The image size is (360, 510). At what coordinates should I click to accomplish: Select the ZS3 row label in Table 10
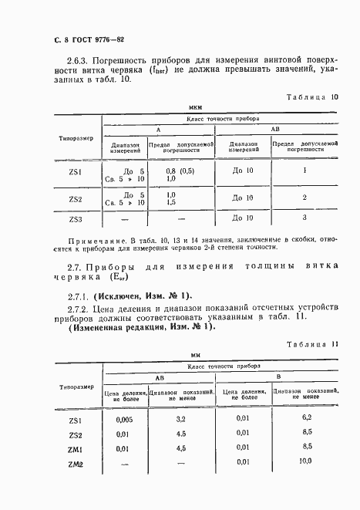click(x=75, y=218)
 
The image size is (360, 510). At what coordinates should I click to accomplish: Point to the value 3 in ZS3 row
click(x=305, y=218)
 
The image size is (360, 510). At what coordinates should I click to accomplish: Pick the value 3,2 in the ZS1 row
click(x=182, y=420)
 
